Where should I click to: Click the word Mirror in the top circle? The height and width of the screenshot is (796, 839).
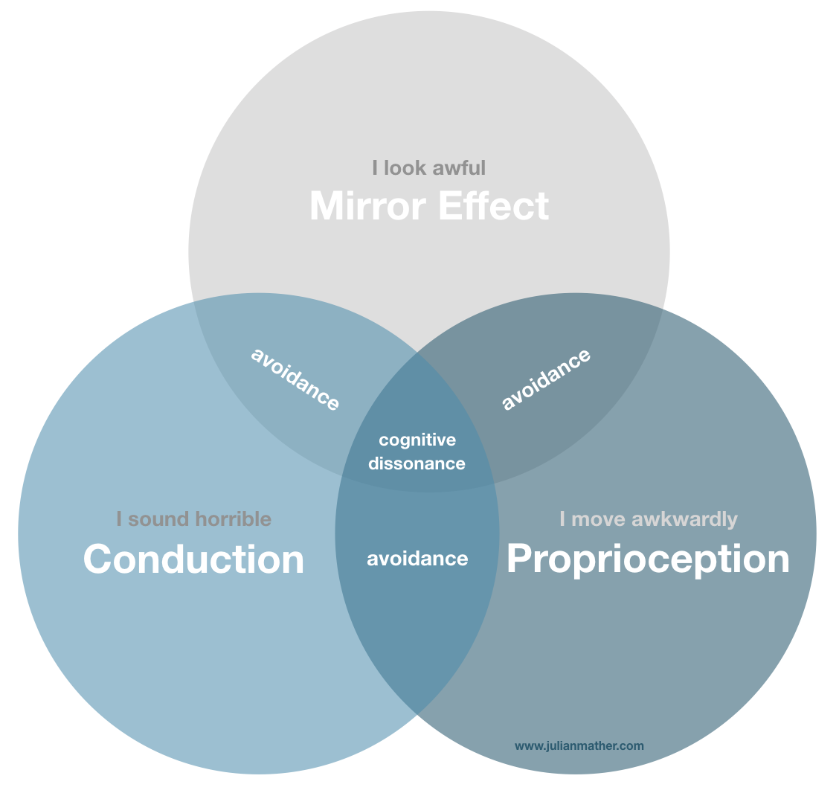click(367, 206)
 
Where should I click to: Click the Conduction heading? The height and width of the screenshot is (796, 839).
click(193, 559)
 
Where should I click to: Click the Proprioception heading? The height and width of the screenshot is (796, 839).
click(648, 559)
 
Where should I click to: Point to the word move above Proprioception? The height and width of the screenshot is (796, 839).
click(599, 519)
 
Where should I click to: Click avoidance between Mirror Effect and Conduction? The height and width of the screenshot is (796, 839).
click(295, 379)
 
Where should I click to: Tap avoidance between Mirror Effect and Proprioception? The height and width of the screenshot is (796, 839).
click(547, 379)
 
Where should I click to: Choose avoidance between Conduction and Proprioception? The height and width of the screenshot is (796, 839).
click(417, 559)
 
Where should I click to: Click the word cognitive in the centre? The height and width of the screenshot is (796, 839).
click(417, 440)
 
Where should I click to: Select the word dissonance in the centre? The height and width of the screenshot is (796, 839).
click(417, 463)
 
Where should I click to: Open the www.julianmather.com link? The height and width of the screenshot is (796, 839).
click(579, 745)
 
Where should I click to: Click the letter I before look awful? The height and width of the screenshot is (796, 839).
click(376, 167)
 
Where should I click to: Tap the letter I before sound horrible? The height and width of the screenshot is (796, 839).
click(119, 519)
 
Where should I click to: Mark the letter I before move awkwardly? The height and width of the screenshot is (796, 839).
click(563, 519)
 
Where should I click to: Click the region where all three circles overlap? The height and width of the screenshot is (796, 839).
click(417, 417)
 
